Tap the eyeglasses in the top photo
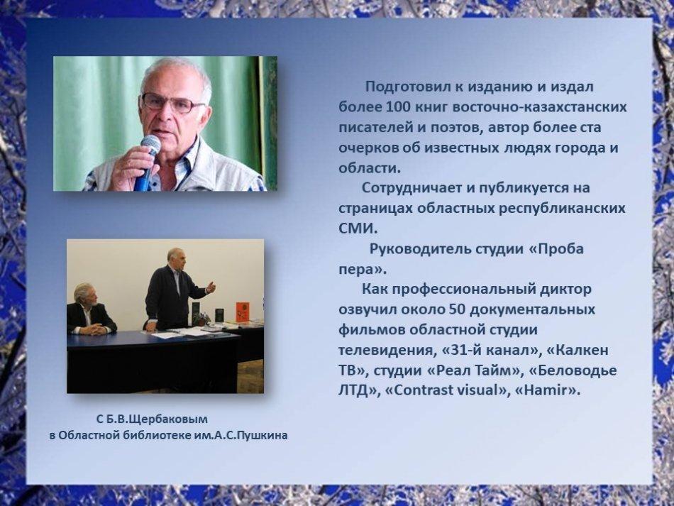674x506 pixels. tap(172, 103)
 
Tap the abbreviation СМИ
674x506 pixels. tap(358, 229)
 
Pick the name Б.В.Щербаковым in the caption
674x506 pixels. tap(157, 419)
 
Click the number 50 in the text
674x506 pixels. tap(457, 309)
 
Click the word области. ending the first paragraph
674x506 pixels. tap(370, 168)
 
